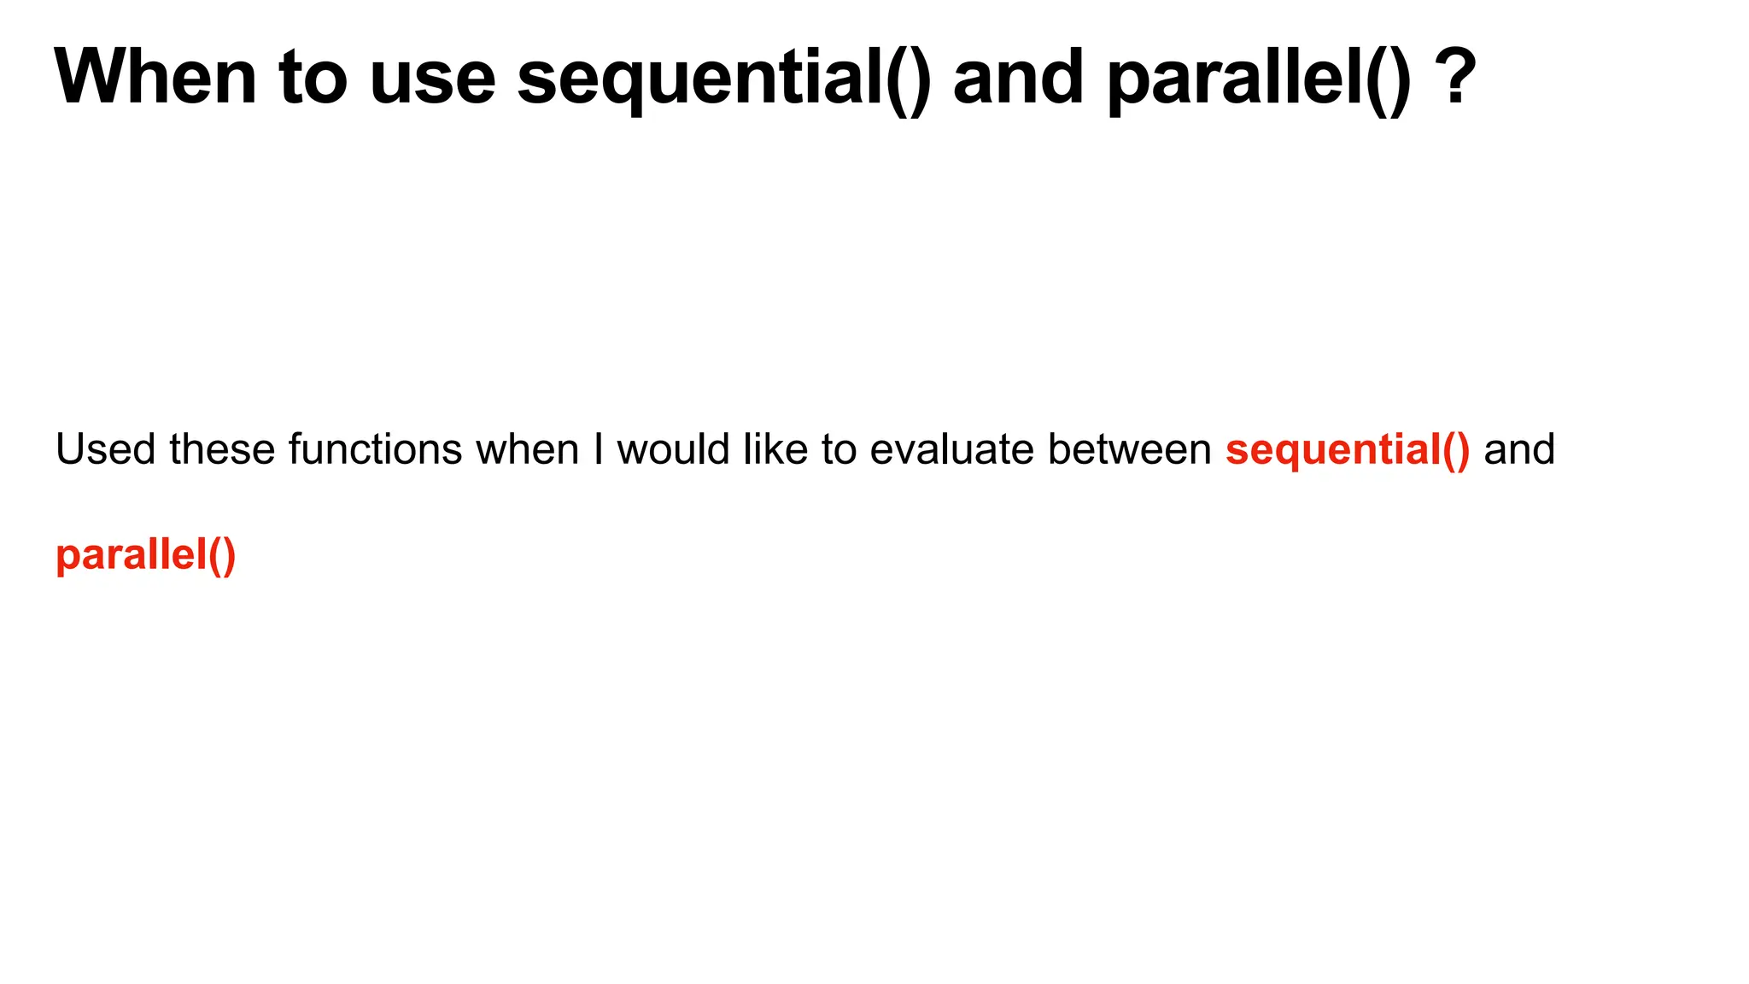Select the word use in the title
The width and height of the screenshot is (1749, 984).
[x=433, y=79]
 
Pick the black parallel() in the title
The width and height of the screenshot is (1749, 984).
[x=1260, y=79]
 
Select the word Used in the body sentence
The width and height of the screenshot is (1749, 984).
[x=105, y=449]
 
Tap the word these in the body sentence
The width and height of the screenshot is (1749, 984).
[x=222, y=449]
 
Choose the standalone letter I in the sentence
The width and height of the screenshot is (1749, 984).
[x=598, y=449]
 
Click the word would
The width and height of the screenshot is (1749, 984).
[x=673, y=449]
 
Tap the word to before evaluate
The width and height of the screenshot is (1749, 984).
[x=839, y=449]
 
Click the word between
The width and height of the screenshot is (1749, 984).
[x=1129, y=449]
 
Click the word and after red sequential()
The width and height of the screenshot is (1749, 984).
[x=1519, y=449]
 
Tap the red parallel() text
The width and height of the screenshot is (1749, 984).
[x=145, y=555]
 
